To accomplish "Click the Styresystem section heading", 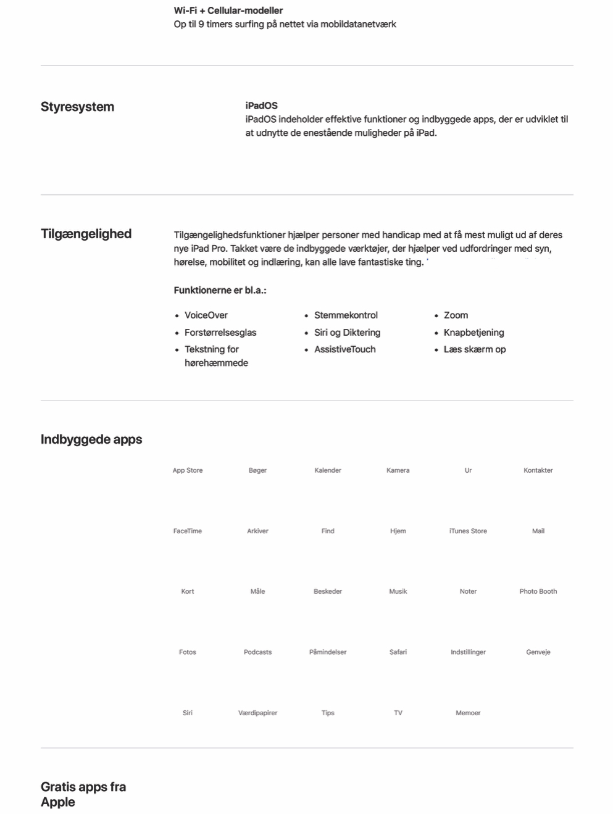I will (77, 107).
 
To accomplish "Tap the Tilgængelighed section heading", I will (86, 234).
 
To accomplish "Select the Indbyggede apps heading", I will (91, 439).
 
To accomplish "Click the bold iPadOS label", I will (261, 106).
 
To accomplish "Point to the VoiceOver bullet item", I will (206, 315).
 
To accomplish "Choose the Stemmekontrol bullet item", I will (346, 315).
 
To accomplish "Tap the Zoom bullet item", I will (456, 315).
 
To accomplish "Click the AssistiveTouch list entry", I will (344, 349).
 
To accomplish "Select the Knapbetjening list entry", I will (473, 333).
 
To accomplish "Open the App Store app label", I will (188, 470).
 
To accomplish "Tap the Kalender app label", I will (328, 470).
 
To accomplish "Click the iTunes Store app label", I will (468, 531).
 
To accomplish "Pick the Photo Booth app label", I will (538, 591).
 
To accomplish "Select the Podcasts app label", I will (257, 652).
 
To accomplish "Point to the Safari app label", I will (398, 652).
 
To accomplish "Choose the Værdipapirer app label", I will (257, 713).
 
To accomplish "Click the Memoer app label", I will (468, 713).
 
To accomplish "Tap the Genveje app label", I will (538, 652).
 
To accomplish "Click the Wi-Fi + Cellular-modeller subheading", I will (228, 10).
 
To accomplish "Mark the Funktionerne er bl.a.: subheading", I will (220, 290).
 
